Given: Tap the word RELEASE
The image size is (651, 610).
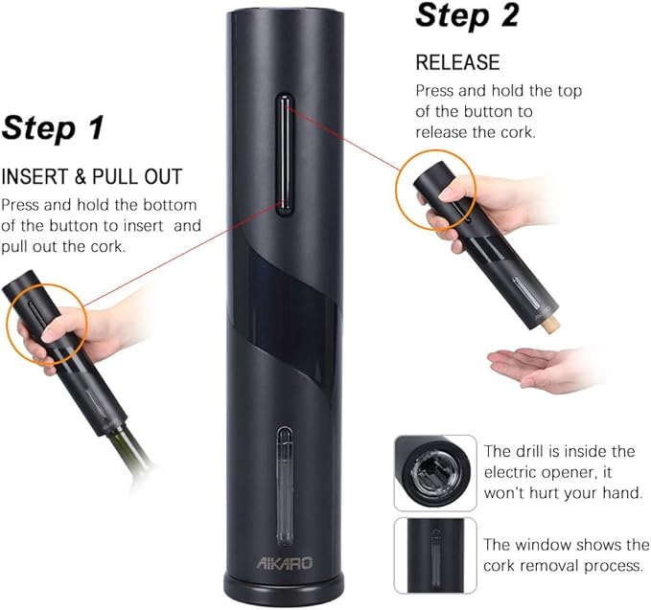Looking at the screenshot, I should (x=457, y=63).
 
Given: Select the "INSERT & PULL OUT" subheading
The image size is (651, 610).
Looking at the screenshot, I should (x=92, y=177).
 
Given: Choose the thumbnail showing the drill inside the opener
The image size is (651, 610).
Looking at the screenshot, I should (x=434, y=472).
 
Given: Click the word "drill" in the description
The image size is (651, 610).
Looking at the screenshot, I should (x=531, y=451).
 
